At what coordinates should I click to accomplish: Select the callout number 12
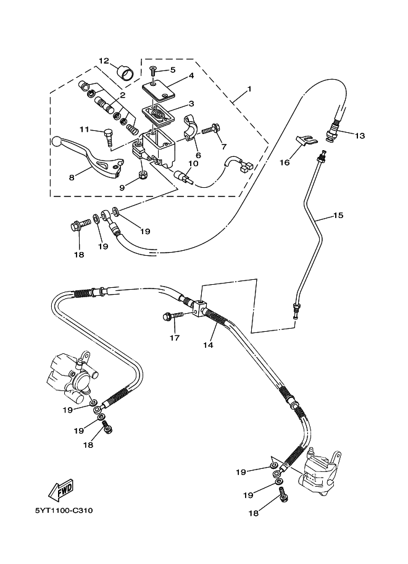pyautogui.click(x=104, y=61)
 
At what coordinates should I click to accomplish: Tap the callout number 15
pyautogui.click(x=338, y=216)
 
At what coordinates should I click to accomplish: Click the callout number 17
pyautogui.click(x=175, y=338)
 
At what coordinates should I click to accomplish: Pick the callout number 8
pyautogui.click(x=72, y=177)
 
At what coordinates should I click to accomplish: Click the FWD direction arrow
pyautogui.click(x=62, y=491)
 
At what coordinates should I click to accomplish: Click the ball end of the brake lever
pyautogui.click(x=57, y=141)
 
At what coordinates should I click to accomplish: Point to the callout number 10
pyautogui.click(x=193, y=164)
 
